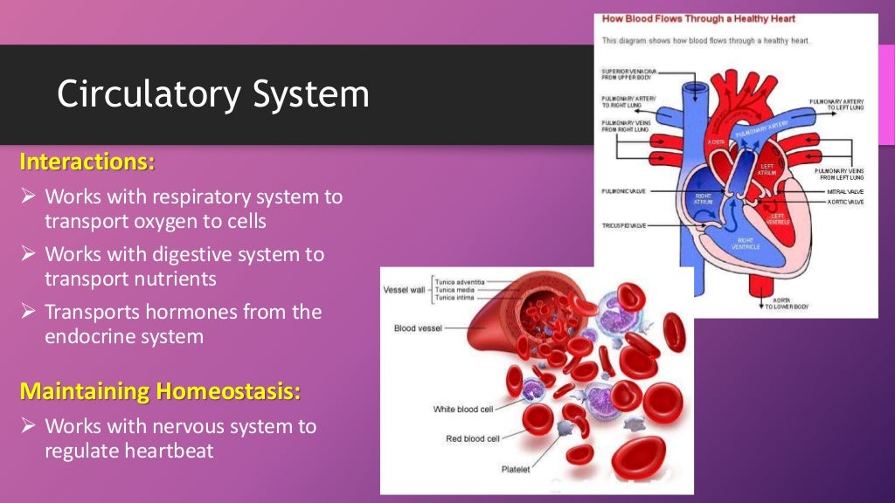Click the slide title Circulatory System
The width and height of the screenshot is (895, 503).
point(212,94)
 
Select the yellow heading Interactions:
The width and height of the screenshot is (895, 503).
point(87,162)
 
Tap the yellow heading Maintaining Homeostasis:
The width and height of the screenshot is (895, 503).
point(159,391)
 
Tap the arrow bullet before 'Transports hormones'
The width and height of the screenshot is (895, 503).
point(28,312)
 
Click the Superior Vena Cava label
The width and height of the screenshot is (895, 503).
point(628,74)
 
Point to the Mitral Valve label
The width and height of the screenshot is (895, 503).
point(838,190)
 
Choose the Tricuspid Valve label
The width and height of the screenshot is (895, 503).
point(624,224)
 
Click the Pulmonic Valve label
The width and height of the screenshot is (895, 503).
point(623,189)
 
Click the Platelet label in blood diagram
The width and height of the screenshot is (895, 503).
point(515,469)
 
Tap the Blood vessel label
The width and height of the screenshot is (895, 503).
point(418,328)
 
